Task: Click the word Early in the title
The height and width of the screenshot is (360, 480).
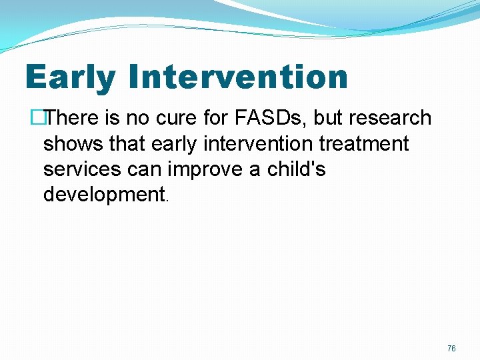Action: pos(70,77)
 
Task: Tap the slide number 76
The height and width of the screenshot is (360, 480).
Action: pos(451,349)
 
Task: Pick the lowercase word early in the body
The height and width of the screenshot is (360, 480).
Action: pos(176,145)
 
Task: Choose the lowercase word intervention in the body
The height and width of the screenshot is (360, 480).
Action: pos(263,143)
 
